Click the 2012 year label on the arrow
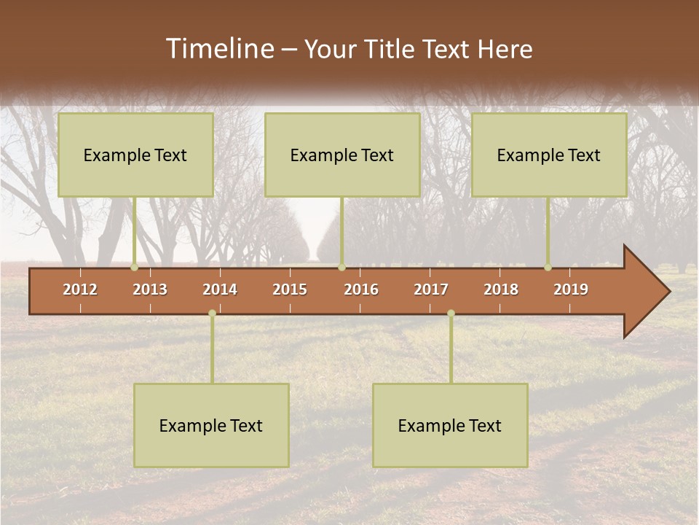click(80, 289)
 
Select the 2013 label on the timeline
click(150, 289)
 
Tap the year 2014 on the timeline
click(220, 289)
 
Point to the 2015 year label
click(290, 289)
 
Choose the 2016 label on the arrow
click(361, 289)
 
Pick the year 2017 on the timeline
click(431, 289)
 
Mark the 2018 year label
click(501, 289)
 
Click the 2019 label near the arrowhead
click(571, 289)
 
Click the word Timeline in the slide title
click(219, 49)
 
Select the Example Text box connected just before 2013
click(135, 155)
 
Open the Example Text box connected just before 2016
click(342, 155)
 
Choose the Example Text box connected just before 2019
click(549, 155)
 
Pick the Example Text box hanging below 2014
click(211, 425)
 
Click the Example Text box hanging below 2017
click(450, 425)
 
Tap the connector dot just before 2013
click(135, 268)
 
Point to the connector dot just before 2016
click(341, 268)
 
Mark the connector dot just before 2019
click(548, 268)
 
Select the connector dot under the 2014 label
click(212, 313)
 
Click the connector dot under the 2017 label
click(451, 313)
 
